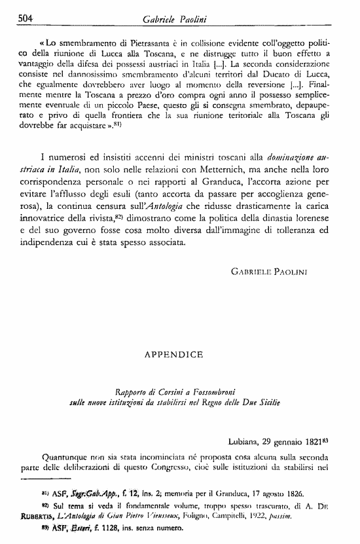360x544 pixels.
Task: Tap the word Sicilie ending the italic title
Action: point(265,403)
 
